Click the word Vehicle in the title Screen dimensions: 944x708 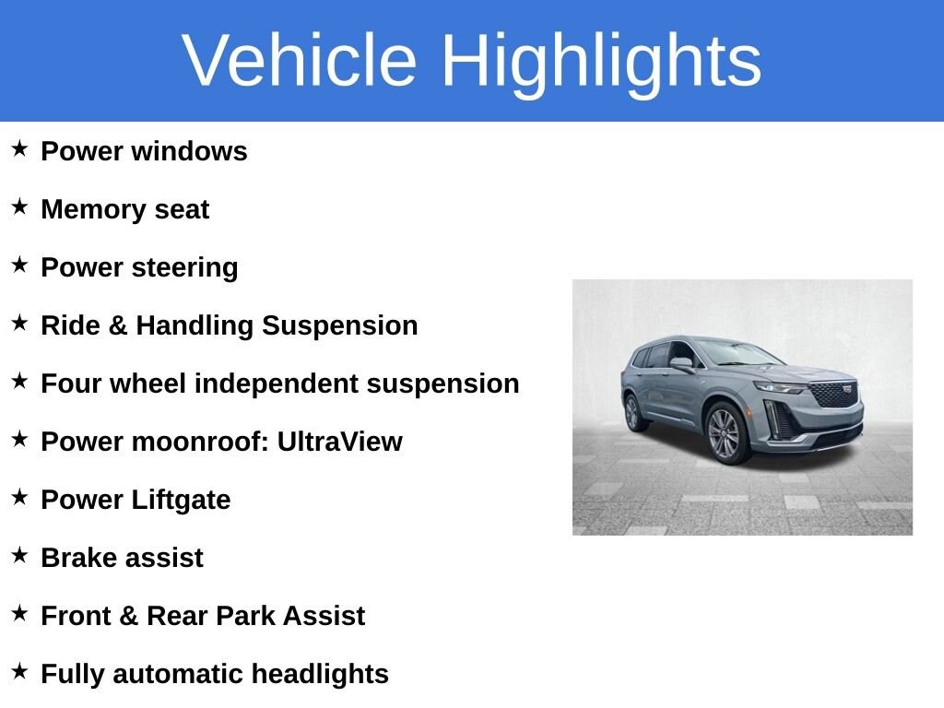click(300, 60)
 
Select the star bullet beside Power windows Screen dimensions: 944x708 click(19, 148)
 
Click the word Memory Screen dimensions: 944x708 click(93, 210)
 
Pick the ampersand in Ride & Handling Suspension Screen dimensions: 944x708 click(118, 325)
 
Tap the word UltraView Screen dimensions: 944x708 click(339, 442)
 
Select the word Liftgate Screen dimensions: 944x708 click(181, 501)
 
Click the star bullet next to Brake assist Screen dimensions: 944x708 click(19, 554)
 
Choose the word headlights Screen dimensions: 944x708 click(320, 675)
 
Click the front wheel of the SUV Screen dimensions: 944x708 click(725, 433)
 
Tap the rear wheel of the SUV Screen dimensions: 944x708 click(632, 413)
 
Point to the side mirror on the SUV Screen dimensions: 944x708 click(682, 363)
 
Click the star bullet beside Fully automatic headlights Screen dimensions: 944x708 click(19, 671)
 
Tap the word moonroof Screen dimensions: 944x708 click(200, 442)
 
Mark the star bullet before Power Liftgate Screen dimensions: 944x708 click(19, 497)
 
